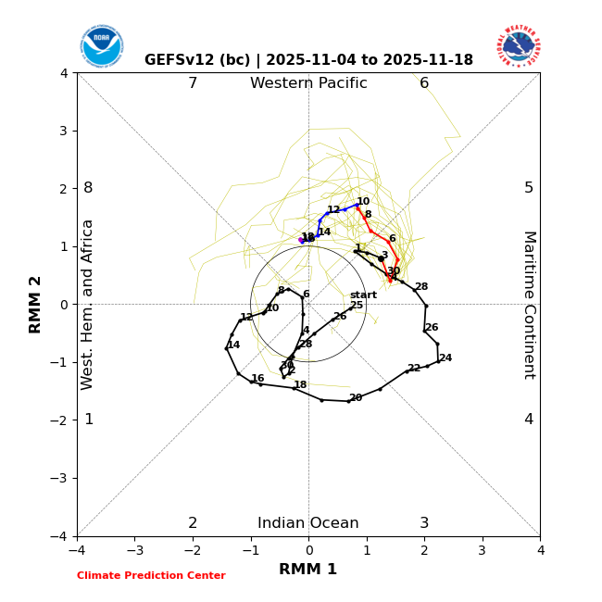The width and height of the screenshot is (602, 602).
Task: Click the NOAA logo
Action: (101, 46)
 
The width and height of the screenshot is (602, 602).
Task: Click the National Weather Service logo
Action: (518, 46)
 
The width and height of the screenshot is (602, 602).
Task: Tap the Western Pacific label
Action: (308, 83)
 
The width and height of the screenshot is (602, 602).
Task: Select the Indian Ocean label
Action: (308, 523)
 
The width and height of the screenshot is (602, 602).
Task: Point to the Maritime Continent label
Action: (529, 304)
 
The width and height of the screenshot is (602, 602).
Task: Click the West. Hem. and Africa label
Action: (88, 304)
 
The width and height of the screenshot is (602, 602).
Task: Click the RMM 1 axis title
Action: (308, 570)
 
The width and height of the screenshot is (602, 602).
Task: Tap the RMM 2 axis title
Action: (36, 304)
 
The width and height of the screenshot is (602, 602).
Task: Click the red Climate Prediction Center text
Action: (151, 576)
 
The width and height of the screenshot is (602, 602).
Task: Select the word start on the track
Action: (363, 295)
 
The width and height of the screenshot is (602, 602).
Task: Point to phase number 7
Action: (193, 83)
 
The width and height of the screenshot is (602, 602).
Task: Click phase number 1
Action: (89, 420)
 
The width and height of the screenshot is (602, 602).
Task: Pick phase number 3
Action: (424, 523)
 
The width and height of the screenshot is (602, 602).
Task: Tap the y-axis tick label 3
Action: (64, 131)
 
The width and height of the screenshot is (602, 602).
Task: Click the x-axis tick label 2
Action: (424, 550)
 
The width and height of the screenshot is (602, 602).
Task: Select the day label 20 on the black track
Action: (356, 398)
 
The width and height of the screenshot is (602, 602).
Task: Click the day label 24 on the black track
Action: (445, 358)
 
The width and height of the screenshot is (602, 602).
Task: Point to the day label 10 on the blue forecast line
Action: (363, 202)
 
